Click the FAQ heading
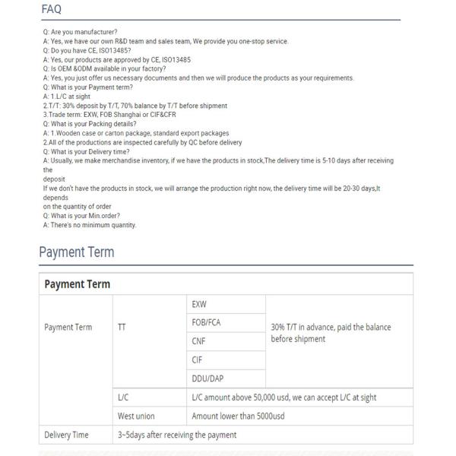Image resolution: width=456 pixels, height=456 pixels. (52, 9)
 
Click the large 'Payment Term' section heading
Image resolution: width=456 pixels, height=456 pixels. (76, 252)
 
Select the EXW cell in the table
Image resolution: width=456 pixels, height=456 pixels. (200, 304)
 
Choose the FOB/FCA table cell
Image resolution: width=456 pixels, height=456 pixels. (206, 322)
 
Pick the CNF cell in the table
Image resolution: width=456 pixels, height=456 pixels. (199, 341)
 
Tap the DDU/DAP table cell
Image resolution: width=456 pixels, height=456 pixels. (208, 378)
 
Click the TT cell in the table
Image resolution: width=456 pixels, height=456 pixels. (122, 328)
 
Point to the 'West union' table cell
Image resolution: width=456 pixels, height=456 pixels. (136, 416)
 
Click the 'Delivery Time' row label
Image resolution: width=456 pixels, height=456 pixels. (67, 435)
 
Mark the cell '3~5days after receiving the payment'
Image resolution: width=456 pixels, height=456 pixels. (177, 435)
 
